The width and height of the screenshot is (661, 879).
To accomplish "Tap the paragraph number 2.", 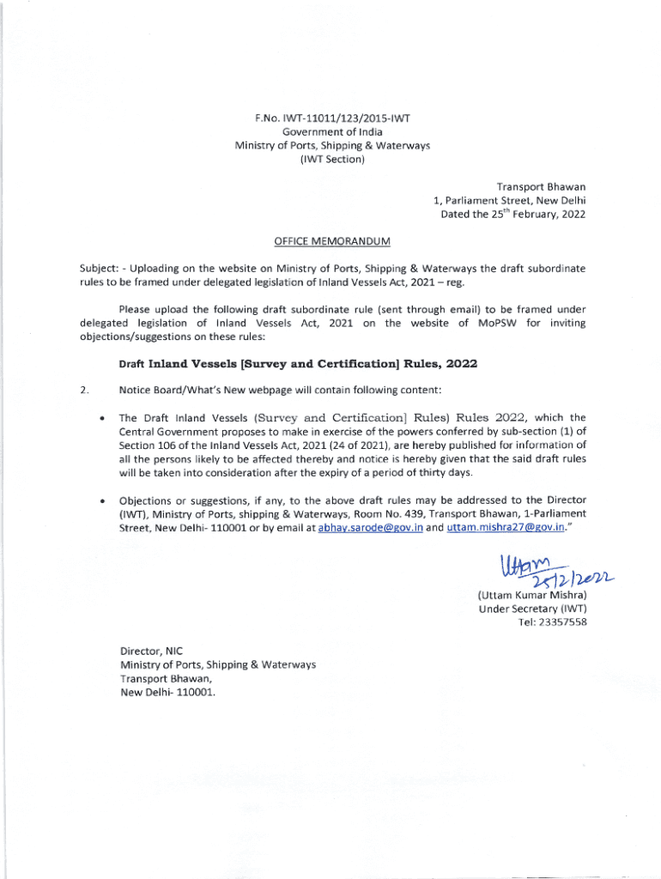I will click(82, 391).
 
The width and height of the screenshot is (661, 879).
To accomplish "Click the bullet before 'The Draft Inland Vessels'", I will click(103, 418).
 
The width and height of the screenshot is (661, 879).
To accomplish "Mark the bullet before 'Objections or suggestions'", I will click(103, 500).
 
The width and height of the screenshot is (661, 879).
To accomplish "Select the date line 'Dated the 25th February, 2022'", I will click(512, 214).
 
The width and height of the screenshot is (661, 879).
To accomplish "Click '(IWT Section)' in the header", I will click(332, 159).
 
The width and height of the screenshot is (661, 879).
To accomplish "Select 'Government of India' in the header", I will click(332, 131).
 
